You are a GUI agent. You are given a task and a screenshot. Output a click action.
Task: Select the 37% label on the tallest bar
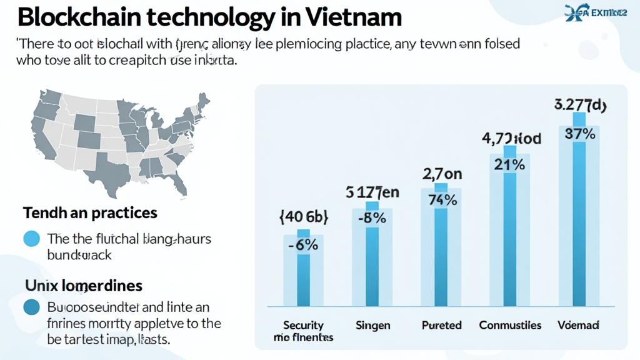(x=579, y=134)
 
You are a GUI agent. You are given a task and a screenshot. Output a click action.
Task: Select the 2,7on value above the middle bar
(x=442, y=174)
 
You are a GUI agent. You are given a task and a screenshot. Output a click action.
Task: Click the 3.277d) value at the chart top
(x=580, y=104)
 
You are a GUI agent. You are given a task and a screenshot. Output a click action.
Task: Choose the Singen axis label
(x=372, y=325)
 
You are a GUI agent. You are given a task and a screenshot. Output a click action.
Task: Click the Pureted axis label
(x=441, y=325)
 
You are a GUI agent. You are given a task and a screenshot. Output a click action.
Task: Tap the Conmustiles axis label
(x=510, y=325)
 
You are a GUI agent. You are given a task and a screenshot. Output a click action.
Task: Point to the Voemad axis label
(x=579, y=325)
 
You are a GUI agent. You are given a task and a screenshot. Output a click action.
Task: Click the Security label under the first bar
(x=303, y=325)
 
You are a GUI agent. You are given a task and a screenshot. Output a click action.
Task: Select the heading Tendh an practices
(x=90, y=213)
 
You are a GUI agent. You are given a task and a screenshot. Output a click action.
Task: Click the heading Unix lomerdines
(x=84, y=286)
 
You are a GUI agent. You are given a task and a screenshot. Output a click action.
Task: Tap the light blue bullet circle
(x=31, y=239)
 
